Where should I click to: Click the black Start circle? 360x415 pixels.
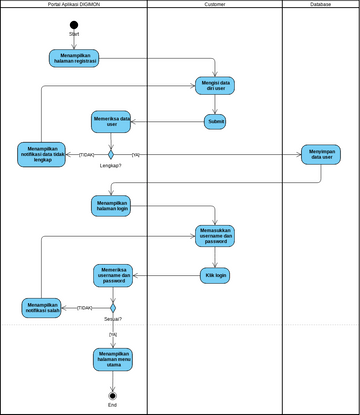pyautogui.click(x=74, y=24)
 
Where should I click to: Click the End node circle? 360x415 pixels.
pyautogui.click(x=112, y=395)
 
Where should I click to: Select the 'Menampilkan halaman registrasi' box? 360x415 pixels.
pyautogui.click(x=74, y=57)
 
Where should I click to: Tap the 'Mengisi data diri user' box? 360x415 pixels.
pyautogui.click(x=215, y=86)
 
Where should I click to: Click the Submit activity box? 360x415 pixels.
pyautogui.click(x=215, y=122)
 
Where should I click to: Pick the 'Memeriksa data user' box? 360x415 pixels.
pyautogui.click(x=112, y=122)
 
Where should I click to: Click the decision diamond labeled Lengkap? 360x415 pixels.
pyautogui.click(x=112, y=154)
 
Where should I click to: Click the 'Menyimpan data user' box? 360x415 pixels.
pyautogui.click(x=321, y=154)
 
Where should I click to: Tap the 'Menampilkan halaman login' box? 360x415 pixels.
pyautogui.click(x=112, y=205)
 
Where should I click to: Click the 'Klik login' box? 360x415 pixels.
pyautogui.click(x=215, y=274)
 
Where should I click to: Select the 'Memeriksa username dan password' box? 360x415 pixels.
pyautogui.click(x=112, y=274)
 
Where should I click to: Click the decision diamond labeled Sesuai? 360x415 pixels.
pyautogui.click(x=112, y=307)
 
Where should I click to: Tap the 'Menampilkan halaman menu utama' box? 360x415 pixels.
pyautogui.click(x=112, y=359)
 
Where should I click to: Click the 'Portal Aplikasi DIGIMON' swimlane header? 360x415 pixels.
pyautogui.click(x=74, y=5)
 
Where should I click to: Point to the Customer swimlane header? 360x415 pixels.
pyautogui.click(x=214, y=5)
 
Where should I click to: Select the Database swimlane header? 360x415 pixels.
pyautogui.click(x=320, y=5)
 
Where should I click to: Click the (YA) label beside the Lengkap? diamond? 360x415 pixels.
pyautogui.click(x=135, y=154)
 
